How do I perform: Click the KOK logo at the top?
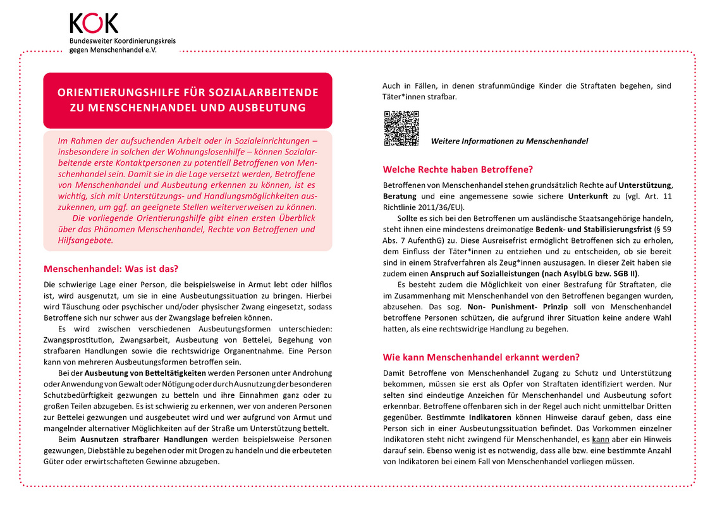click(x=94, y=23)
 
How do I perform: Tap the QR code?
click(x=401, y=128)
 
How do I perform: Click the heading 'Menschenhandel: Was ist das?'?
click(x=111, y=268)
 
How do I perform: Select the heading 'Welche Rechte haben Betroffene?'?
click(x=458, y=170)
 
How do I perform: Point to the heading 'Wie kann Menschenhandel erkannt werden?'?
click(x=481, y=357)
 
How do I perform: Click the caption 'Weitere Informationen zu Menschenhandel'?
click(x=509, y=141)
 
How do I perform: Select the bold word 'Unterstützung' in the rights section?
click(x=645, y=185)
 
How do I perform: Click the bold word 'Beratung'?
click(x=400, y=196)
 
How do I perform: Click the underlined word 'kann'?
click(x=601, y=439)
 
